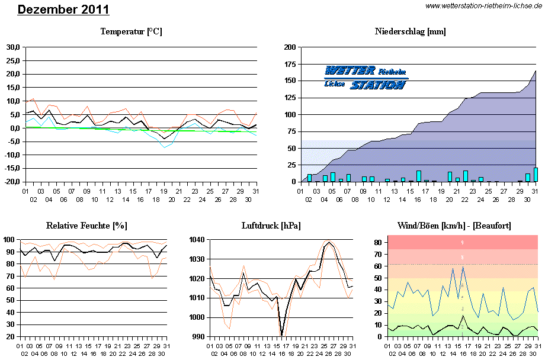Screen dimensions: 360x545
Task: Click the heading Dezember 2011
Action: pos(63,9)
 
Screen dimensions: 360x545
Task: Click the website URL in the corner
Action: pos(483,6)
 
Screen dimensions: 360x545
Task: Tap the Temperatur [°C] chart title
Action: pos(131,31)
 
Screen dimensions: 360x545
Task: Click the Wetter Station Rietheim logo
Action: pos(366,78)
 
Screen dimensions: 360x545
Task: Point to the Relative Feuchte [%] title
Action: pos(86,226)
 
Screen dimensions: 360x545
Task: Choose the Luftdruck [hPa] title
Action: pos(271,226)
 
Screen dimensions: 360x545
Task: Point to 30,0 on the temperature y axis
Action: pos(13,47)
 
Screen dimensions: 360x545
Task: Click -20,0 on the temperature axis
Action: pos(12,182)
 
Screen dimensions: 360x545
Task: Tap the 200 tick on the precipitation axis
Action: pos(290,47)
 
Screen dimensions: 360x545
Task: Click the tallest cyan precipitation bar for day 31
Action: pos(536,175)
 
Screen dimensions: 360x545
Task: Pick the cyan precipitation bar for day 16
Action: pos(419,176)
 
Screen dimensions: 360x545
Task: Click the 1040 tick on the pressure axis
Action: pos(197,239)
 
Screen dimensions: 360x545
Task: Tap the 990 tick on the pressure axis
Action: pos(198,336)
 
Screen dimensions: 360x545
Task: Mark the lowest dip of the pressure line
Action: pos(282,335)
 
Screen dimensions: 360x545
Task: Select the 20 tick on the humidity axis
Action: pos(11,336)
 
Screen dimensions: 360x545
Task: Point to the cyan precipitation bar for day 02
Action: pos(309,178)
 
